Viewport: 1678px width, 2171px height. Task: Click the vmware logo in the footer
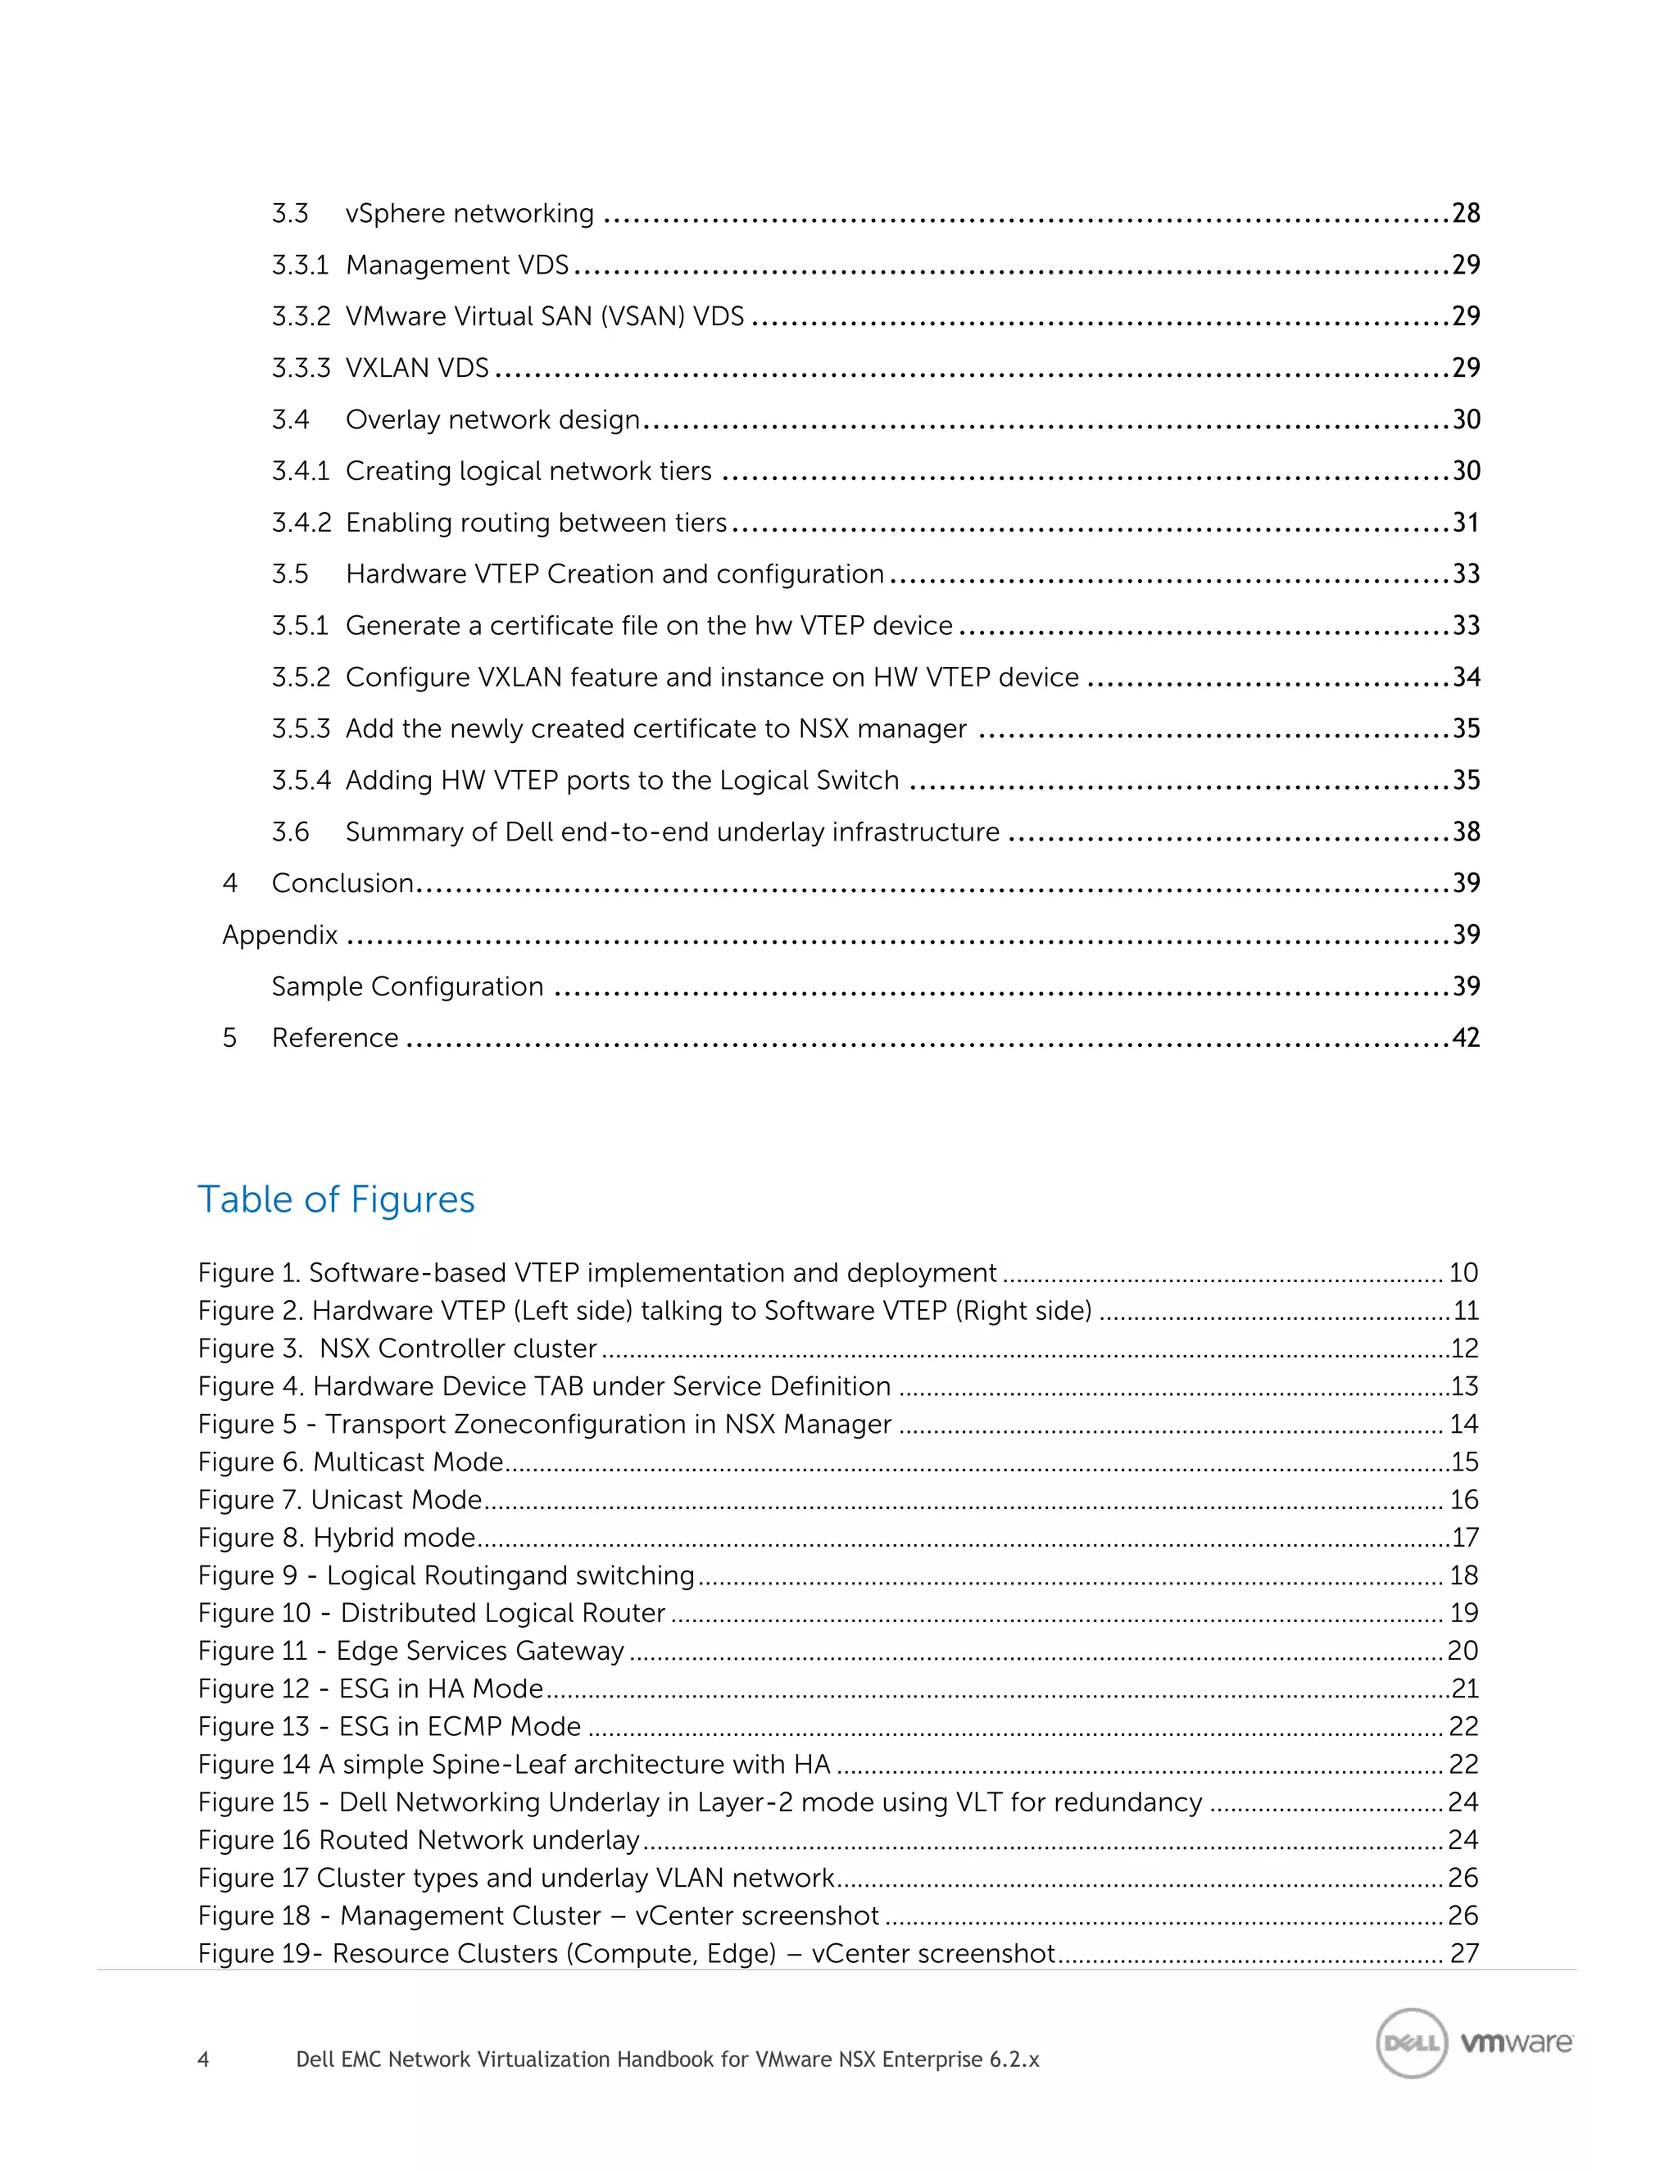[1516, 2042]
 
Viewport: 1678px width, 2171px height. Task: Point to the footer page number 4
[203, 2060]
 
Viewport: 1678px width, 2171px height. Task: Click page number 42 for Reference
[1465, 1038]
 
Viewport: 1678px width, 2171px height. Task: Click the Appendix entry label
[279, 936]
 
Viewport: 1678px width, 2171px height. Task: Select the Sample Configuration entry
[407, 986]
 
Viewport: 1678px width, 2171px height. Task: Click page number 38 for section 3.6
[1465, 832]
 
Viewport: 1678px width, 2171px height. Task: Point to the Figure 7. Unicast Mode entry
[340, 1499]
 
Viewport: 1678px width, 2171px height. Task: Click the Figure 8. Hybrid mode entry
[337, 1537]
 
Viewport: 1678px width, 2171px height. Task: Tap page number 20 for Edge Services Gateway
[1463, 1650]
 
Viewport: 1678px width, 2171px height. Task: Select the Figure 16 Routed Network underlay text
[419, 1840]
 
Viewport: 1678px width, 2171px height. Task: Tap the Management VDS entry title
[457, 265]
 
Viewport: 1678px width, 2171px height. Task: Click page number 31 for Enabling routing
[1465, 522]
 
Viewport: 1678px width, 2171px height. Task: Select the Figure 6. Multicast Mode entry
[351, 1462]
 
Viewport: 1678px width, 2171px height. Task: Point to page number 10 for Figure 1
[1463, 1272]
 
